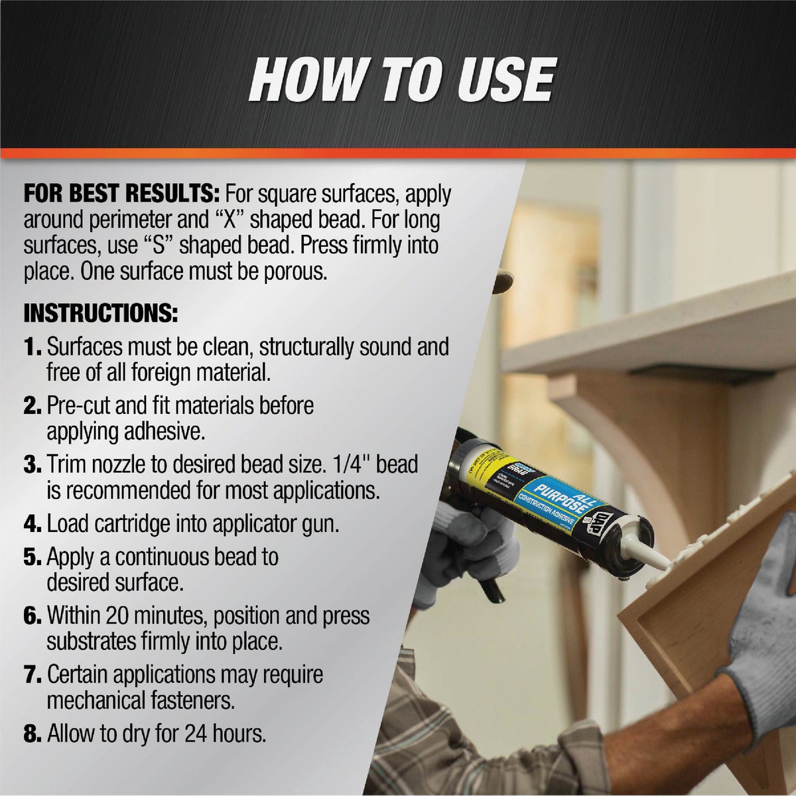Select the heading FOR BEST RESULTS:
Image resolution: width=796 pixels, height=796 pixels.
coord(121,195)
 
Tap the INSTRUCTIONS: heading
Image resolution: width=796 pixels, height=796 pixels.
coord(101,313)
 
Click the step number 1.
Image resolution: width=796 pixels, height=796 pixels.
coord(33,347)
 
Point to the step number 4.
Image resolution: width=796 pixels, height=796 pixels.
coord(33,523)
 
